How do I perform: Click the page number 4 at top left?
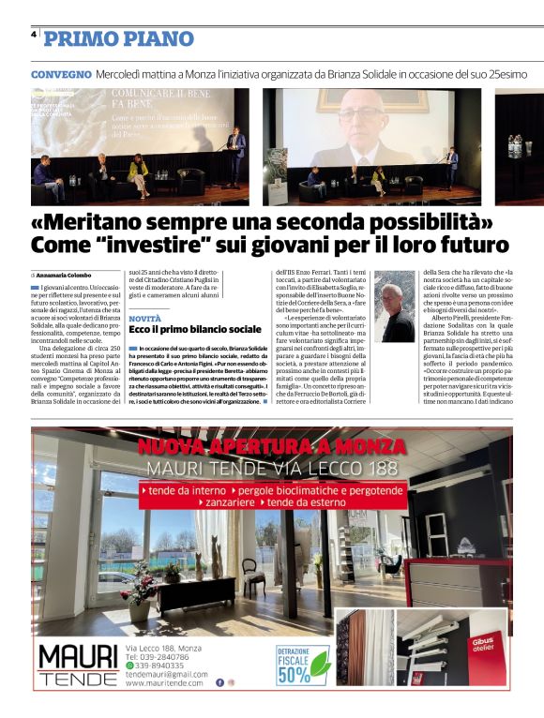[34, 35]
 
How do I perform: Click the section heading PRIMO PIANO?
[119, 38]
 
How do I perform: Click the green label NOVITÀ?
[145, 319]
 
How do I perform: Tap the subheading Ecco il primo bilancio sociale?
[195, 330]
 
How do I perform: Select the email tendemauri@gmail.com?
[167, 674]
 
